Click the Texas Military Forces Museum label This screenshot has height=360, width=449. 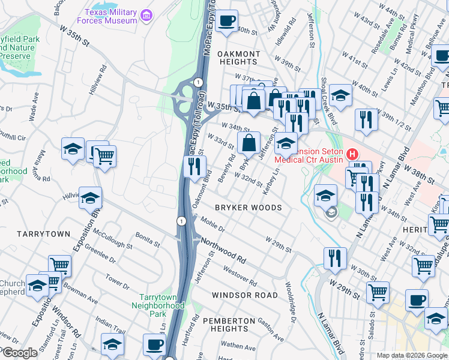[x=110, y=16]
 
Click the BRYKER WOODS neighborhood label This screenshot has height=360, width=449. [x=249, y=208]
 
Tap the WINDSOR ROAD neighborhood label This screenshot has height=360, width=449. [x=245, y=295]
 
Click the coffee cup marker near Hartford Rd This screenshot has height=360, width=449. [x=154, y=346]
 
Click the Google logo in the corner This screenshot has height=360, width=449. [x=19, y=353]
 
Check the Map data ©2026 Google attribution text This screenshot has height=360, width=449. [x=411, y=355]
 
